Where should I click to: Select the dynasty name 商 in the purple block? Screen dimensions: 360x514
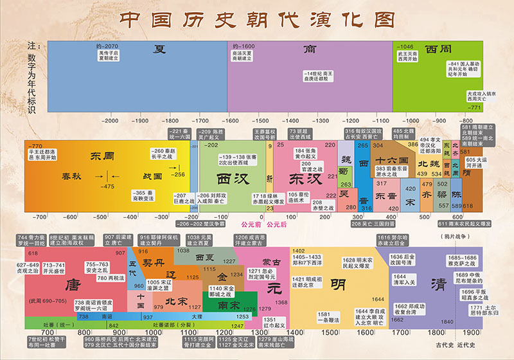coord(309,50)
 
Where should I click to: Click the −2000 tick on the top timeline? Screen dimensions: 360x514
coord(110,120)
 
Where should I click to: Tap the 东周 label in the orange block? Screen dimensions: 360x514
coord(101,156)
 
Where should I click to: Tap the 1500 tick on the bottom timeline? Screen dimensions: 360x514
coord(330,332)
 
